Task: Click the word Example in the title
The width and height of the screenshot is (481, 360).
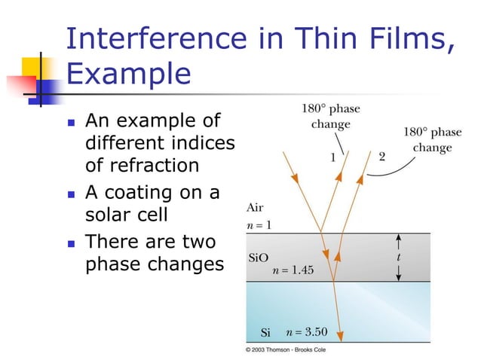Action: (129, 75)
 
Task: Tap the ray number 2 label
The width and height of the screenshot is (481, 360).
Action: (381, 157)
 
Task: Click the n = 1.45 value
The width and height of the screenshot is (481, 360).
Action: (293, 270)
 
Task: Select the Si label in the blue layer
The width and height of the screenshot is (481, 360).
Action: (265, 333)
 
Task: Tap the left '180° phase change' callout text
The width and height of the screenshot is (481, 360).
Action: (326, 116)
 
